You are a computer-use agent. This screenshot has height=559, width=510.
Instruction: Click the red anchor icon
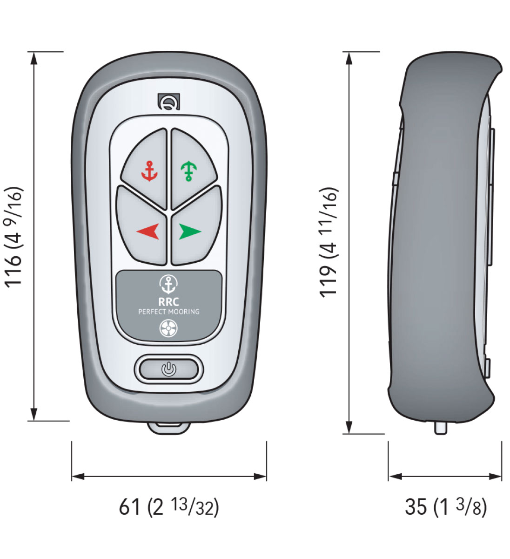click(x=149, y=171)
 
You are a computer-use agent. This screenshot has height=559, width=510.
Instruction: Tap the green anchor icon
click(x=189, y=171)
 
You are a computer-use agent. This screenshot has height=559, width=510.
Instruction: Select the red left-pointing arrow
click(x=148, y=232)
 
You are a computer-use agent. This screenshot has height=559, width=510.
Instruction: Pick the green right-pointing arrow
click(x=190, y=232)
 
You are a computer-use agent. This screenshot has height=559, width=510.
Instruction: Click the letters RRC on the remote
click(x=169, y=302)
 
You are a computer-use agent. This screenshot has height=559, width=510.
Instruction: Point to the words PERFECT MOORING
click(x=169, y=312)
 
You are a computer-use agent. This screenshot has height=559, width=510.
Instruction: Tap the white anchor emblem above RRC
click(x=169, y=285)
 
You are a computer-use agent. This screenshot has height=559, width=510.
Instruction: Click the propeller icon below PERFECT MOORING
click(x=168, y=328)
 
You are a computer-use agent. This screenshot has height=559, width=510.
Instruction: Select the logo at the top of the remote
click(x=169, y=102)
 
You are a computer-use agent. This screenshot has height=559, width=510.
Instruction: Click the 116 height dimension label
click(x=13, y=237)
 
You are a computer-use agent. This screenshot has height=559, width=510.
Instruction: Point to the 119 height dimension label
click(x=329, y=242)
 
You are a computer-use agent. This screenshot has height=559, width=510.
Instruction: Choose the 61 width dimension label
click(x=169, y=507)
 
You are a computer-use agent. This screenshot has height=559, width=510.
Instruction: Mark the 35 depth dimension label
click(x=446, y=507)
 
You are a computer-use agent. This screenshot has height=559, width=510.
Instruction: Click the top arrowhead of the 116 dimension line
click(x=34, y=58)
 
